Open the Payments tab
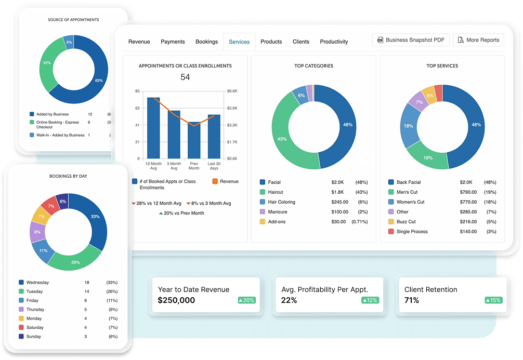tap(173, 42)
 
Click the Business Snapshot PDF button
tap(410, 40)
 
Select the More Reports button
tap(478, 40)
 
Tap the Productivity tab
tap(334, 42)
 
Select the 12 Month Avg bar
tap(153, 128)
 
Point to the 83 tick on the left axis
tap(137, 91)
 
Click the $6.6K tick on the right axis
tap(232, 91)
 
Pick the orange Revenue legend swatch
tap(215, 182)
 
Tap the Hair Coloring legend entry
tap(281, 202)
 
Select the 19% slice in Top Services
tap(427, 157)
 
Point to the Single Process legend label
tap(412, 232)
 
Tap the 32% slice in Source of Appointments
tap(47, 62)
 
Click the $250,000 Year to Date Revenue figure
tap(176, 300)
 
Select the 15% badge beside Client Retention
tap(494, 300)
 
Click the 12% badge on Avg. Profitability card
tap(370, 300)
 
